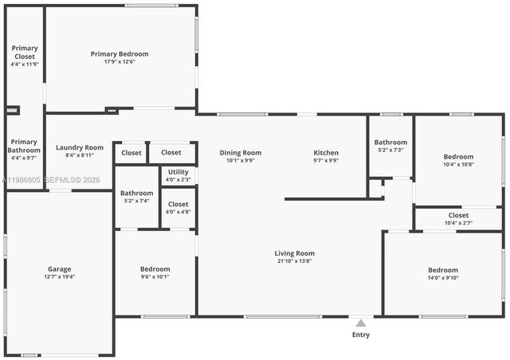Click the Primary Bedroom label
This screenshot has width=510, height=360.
tap(120, 54)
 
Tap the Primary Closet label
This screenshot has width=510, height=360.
tap(25, 53)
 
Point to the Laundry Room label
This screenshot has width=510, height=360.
tap(80, 147)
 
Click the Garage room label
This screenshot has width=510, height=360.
tap(59, 269)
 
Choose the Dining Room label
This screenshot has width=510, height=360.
tap(241, 153)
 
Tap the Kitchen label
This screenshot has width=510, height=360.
tap(326, 153)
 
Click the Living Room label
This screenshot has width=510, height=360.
tap(295, 253)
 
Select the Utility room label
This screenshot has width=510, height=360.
tap(178, 171)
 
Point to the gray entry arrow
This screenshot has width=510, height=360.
tap(361, 323)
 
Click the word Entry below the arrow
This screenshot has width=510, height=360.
tap(361, 335)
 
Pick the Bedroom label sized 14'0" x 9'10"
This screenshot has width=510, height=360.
tap(442, 270)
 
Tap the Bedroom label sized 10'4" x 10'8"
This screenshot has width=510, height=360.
tap(458, 157)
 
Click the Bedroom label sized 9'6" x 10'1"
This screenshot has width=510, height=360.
tap(155, 269)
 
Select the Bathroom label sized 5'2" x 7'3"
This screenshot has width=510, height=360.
tap(390, 143)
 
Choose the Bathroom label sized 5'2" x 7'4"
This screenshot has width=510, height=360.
tap(137, 193)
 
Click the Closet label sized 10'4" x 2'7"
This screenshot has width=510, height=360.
tap(458, 215)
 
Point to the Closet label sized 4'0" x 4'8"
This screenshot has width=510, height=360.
tap(178, 204)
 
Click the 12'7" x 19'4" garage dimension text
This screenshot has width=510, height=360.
tap(59, 277)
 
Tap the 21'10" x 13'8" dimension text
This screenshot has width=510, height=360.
tap(295, 261)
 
